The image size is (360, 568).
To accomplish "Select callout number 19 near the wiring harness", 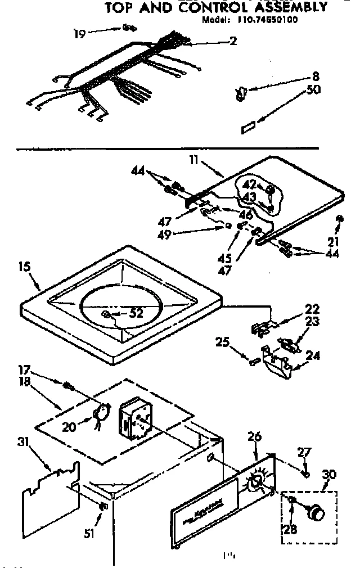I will pos(79,34).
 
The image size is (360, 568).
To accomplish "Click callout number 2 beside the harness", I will pos(233,40).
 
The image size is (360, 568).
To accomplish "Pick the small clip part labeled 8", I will pos(240,93).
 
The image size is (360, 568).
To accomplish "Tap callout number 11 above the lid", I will pos(193,160).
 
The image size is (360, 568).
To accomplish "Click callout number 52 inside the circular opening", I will pos(136,314).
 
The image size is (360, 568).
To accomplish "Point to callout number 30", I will pos(328,475).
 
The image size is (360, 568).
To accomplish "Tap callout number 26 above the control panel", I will pos(254,436).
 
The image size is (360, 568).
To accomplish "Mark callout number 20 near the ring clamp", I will pos(69,427).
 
